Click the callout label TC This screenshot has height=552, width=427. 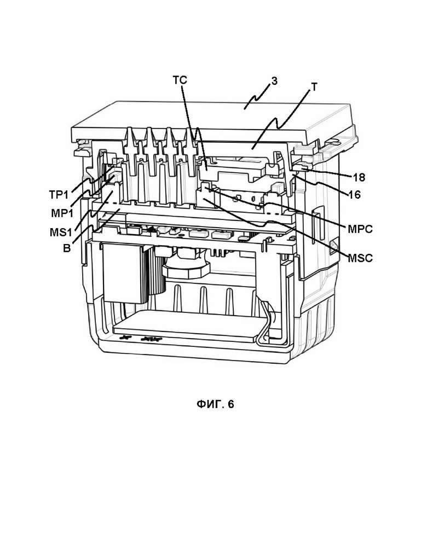pyautogui.click(x=180, y=80)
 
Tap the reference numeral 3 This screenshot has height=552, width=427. pyautogui.click(x=274, y=81)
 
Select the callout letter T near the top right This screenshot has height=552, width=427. pyautogui.click(x=314, y=87)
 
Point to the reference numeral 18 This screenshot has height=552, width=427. pyautogui.click(x=359, y=177)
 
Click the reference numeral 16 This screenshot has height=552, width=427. pyautogui.click(x=354, y=194)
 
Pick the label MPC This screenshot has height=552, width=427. pyautogui.click(x=360, y=229)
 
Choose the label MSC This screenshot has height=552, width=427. pyautogui.click(x=360, y=258)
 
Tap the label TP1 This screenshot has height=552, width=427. pyautogui.click(x=59, y=195)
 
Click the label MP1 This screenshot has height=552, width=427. pyautogui.click(x=62, y=213)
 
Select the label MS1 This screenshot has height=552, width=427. pyautogui.click(x=61, y=233)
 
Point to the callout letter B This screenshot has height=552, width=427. pyautogui.click(x=67, y=248)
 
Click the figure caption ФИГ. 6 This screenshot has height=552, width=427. pyautogui.click(x=215, y=404)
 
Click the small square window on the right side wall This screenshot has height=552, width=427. pyautogui.click(x=333, y=248)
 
